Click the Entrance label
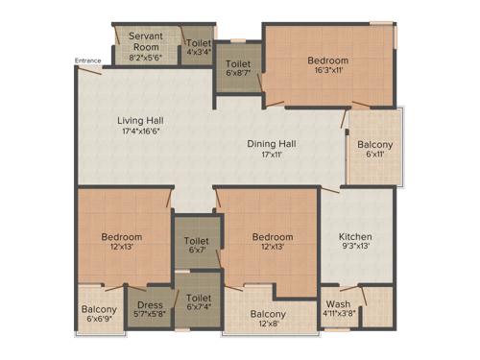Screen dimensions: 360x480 pyautogui.click(x=87, y=62)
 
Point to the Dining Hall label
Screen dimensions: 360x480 pyautogui.click(x=272, y=143)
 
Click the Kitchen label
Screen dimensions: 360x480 pyautogui.click(x=355, y=236)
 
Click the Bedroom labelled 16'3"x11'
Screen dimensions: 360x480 pyautogui.click(x=329, y=60)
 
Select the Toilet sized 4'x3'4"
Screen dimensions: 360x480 pyautogui.click(x=199, y=42)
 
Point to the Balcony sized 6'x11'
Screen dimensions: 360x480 pyautogui.click(x=374, y=146)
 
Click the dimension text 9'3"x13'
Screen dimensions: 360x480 pyautogui.click(x=355, y=248)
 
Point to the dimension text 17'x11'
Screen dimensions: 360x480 pyautogui.click(x=272, y=155)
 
